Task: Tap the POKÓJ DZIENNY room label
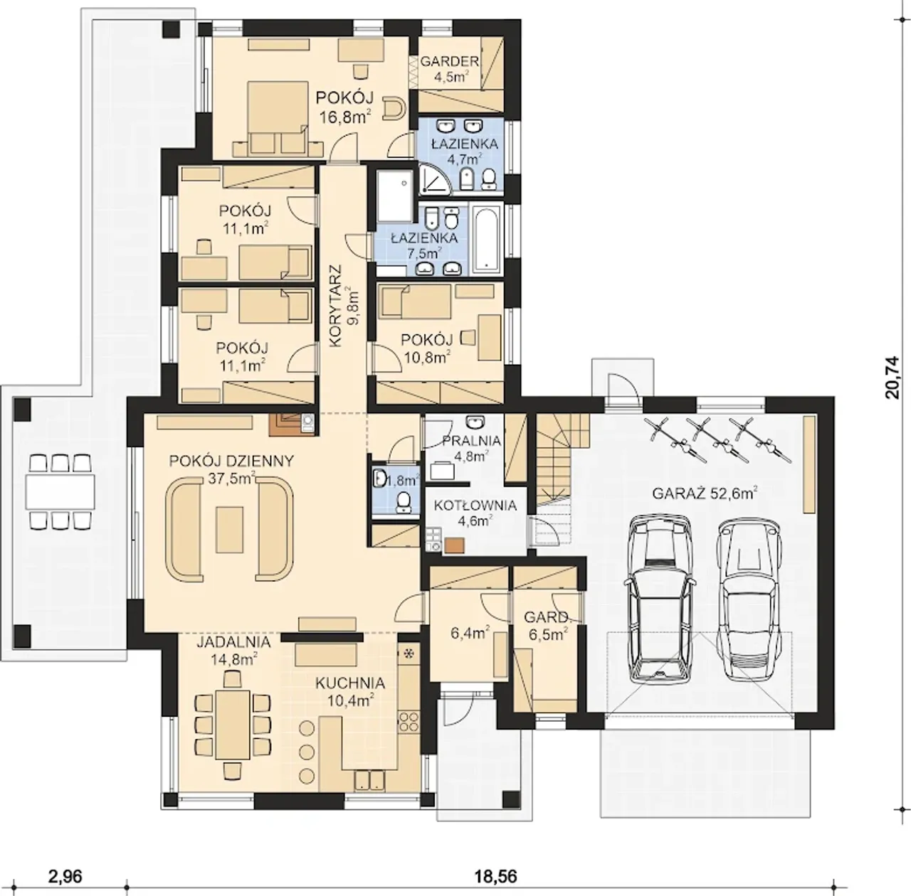click(231, 461)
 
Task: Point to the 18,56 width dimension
click(495, 863)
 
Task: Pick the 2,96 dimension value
click(65, 863)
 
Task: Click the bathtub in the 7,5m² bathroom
click(487, 240)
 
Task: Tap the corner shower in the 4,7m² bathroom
click(434, 178)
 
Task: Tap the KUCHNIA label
click(350, 683)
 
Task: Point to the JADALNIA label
click(233, 642)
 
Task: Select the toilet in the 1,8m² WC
click(404, 502)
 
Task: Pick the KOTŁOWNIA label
click(475, 505)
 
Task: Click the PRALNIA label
click(471, 441)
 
